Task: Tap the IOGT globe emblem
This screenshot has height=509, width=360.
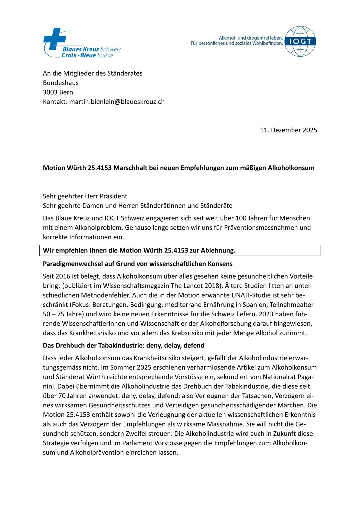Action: coord(300,41)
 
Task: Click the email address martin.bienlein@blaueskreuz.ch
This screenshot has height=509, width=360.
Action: coord(117,102)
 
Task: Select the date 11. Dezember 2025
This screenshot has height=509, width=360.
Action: coord(288,130)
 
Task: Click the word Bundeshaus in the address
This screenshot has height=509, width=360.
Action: coord(61,83)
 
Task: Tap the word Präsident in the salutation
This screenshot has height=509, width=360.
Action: coord(113,196)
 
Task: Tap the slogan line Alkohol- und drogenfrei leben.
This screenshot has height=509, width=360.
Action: coord(251,38)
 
